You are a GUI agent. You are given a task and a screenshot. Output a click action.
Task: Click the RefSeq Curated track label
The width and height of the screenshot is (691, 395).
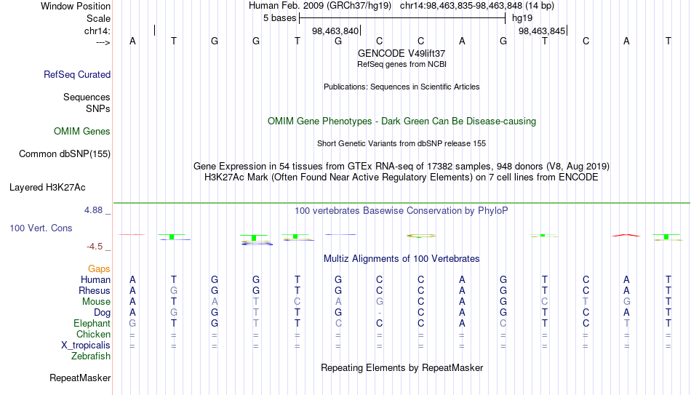(77, 74)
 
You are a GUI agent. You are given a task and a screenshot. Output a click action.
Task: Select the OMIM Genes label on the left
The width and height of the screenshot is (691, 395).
(82, 132)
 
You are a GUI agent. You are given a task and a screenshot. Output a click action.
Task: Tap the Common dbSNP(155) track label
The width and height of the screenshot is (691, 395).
(65, 154)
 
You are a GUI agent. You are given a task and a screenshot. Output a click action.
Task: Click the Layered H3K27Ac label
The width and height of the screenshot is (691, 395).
(47, 188)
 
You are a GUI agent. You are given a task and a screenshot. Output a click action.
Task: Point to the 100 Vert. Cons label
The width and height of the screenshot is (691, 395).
(41, 228)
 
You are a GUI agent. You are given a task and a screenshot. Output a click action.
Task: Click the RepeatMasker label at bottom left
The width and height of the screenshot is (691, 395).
(80, 378)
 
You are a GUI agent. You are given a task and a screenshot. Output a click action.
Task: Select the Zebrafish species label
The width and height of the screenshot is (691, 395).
(91, 356)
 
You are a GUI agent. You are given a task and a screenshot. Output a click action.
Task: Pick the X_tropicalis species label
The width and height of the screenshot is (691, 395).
(86, 346)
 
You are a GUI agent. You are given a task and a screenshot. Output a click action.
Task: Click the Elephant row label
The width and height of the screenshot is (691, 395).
(92, 323)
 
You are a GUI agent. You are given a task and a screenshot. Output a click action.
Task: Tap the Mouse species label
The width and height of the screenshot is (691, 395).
(96, 302)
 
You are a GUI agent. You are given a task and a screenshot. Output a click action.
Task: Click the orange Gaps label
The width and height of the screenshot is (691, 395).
(99, 269)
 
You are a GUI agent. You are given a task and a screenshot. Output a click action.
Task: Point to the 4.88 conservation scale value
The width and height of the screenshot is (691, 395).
(93, 210)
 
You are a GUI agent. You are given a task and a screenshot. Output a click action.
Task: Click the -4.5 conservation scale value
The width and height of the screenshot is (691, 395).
(95, 247)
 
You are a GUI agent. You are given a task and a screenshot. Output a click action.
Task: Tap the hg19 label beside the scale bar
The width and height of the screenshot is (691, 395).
(522, 18)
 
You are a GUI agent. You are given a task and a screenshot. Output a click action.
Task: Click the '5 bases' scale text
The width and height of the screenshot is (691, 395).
(280, 18)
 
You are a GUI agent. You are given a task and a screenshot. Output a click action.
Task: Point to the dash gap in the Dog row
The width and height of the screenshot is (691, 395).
(380, 313)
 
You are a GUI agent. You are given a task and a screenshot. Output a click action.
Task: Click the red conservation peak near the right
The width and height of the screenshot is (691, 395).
(626, 236)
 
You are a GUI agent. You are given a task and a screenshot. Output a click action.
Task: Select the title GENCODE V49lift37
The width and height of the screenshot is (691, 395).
(402, 53)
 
